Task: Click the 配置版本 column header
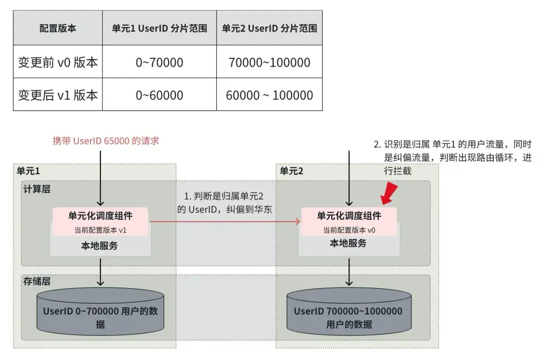point(58,29)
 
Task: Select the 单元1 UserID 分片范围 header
point(160,29)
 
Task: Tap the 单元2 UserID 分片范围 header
point(269,29)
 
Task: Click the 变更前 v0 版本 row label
point(58,63)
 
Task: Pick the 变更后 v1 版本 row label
point(58,95)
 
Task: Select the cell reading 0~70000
point(160,63)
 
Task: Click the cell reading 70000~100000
point(269,63)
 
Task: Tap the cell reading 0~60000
point(160,95)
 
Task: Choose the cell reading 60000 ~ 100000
point(269,95)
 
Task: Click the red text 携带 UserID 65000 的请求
point(106,141)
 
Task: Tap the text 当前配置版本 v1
point(100,229)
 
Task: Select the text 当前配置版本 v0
point(349,230)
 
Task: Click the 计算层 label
point(37,189)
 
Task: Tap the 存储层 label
point(37,282)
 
